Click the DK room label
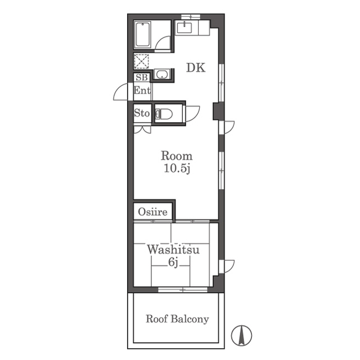point(196,67)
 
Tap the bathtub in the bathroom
point(142,34)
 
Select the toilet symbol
point(164,114)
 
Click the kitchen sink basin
point(184,28)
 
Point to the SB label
point(142,78)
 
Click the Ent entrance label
point(142,90)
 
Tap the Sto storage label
point(142,113)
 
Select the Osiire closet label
point(152,212)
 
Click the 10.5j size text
point(177,169)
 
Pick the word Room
point(177,156)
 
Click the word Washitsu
point(173,250)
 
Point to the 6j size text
point(173,262)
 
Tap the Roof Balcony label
point(177,319)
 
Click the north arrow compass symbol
point(241,335)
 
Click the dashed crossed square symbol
point(141,61)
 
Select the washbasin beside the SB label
point(162,74)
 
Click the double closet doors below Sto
point(142,129)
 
